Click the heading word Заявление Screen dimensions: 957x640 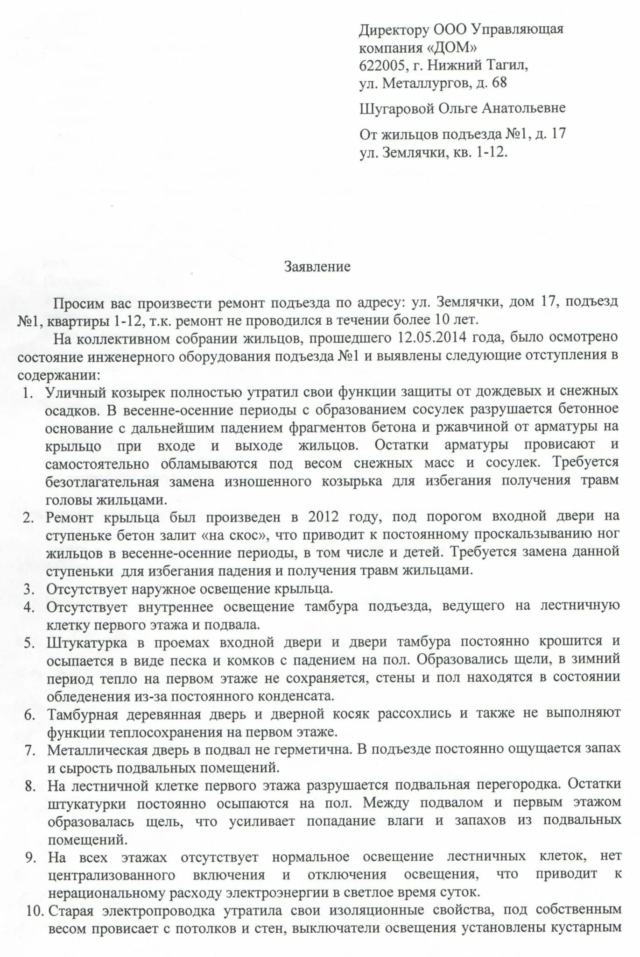pyautogui.click(x=317, y=268)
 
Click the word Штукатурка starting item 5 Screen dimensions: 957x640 pyautogui.click(x=87, y=643)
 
